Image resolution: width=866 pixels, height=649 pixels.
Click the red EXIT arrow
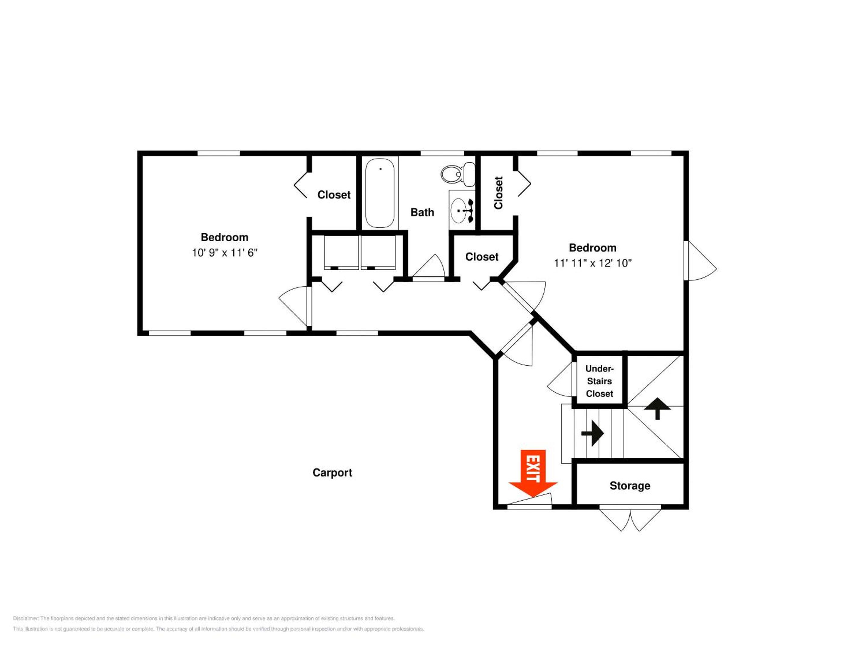[533, 473]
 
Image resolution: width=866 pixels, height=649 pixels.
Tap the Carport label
[332, 473]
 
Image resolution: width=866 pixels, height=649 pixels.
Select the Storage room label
[630, 486]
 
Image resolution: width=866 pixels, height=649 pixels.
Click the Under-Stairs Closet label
[599, 381]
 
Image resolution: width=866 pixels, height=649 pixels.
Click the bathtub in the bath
[380, 193]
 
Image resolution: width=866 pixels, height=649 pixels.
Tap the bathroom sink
[462, 210]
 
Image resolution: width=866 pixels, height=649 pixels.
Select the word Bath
[422, 212]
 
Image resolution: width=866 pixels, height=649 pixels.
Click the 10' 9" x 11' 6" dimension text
[224, 253]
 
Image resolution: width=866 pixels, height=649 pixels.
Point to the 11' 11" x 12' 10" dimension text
[593, 263]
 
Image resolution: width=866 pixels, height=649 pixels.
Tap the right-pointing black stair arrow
[592, 433]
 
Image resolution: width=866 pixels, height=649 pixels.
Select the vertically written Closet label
[498, 193]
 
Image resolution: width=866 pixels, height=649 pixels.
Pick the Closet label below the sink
[481, 257]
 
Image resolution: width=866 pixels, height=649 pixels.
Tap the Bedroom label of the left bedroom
[224, 237]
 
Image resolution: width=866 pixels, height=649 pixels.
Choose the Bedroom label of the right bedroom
[593, 248]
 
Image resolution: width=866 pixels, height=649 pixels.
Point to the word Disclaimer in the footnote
[26, 618]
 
